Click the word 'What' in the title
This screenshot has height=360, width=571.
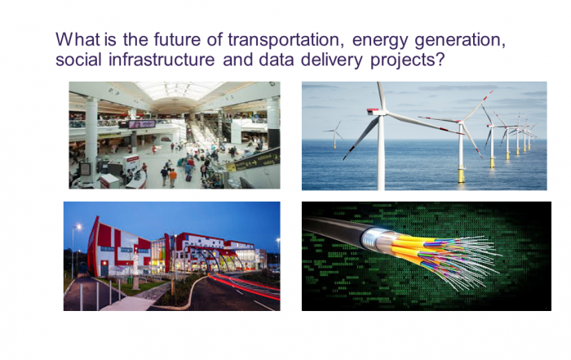pos(76,39)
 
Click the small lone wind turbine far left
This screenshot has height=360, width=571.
pos(334,131)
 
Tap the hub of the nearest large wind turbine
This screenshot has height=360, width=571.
pos(380,114)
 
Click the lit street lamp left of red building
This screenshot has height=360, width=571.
pos(78,228)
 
